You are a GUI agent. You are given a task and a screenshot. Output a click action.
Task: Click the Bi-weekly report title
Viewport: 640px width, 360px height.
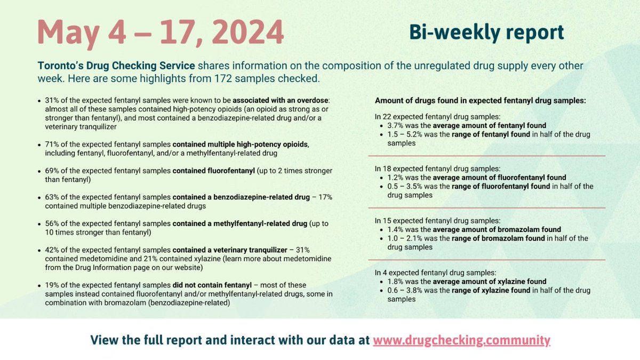[x=486, y=33]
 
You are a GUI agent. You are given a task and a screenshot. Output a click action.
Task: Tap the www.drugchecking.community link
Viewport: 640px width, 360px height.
[x=461, y=340]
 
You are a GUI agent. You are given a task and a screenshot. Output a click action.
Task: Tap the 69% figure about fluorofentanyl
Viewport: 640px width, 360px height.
[x=54, y=171]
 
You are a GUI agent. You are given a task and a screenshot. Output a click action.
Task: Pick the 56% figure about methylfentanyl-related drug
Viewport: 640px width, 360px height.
[x=54, y=223]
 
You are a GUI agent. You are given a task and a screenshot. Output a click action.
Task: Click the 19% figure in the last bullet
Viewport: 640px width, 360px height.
[x=54, y=285]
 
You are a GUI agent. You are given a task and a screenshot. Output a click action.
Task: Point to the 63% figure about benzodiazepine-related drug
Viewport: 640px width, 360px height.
[x=54, y=197]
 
